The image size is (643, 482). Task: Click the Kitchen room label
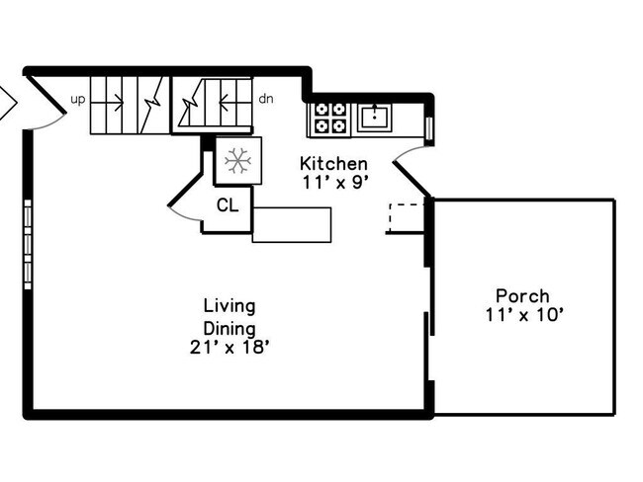pyautogui.click(x=334, y=164)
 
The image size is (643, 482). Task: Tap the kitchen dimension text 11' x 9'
pyautogui.click(x=334, y=182)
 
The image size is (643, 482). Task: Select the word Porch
pyautogui.click(x=522, y=296)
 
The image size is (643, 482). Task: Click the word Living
pyautogui.click(x=229, y=305)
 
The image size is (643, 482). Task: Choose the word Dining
pyautogui.click(x=230, y=327)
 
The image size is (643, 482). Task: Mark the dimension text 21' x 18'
pyautogui.click(x=230, y=347)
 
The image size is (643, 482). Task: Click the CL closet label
pyautogui.click(x=227, y=206)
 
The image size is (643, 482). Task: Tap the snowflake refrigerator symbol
pyautogui.click(x=237, y=160)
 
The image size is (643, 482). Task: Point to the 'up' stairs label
pyautogui.click(x=77, y=99)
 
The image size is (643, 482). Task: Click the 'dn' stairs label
pyautogui.click(x=265, y=99)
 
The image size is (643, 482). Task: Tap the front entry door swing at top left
pyautogui.click(x=46, y=104)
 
